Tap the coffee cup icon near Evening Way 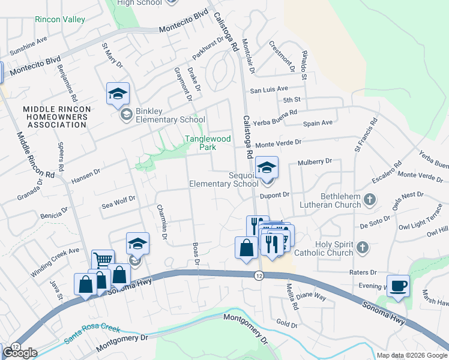pos(398,286)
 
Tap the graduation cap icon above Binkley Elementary pos(118,94)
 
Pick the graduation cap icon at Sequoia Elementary pos(267,167)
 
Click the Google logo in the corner pos(20,353)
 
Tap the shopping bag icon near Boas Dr pos(246,248)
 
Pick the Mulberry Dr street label pos(315,162)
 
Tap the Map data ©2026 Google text pos(411,355)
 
